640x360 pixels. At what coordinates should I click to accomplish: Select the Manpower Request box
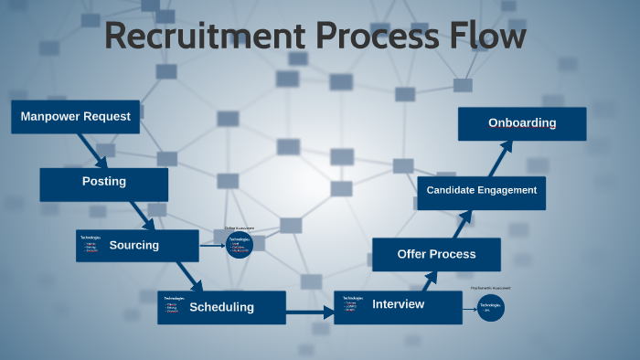point(75,117)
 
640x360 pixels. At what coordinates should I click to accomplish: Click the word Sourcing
point(133,245)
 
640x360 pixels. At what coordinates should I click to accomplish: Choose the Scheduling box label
point(221,307)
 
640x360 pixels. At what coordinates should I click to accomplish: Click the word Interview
point(399,304)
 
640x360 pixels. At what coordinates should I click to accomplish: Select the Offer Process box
point(436,254)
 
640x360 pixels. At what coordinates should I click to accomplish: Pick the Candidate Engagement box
point(482,191)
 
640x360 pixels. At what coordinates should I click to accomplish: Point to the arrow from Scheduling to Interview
point(310,312)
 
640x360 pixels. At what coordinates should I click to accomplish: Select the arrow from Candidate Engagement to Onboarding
point(494,159)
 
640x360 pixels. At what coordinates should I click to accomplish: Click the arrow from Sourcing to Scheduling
point(188,275)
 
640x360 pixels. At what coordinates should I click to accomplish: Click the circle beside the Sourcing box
point(240,244)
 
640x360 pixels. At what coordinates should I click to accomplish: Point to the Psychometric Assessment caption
point(491,288)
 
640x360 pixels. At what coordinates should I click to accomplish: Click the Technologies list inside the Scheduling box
point(174,306)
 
